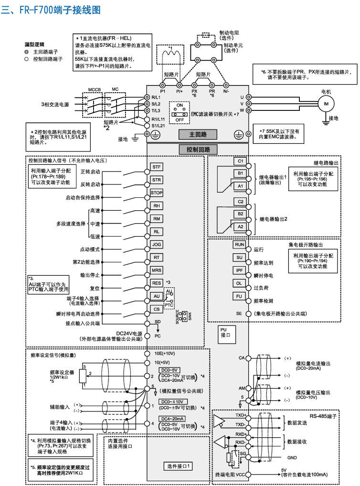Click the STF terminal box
pos(157,167)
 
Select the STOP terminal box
pos(157,193)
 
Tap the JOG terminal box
pos(157,244)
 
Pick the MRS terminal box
pos(157,270)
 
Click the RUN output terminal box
pos(240,244)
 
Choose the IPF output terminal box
pos(240,270)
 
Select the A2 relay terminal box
pos(241,226)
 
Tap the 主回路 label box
pos(198,134)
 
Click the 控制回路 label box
pos(198,150)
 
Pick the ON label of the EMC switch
pos(180,104)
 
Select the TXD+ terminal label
pos(240,415)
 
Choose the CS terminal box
pos(157,309)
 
